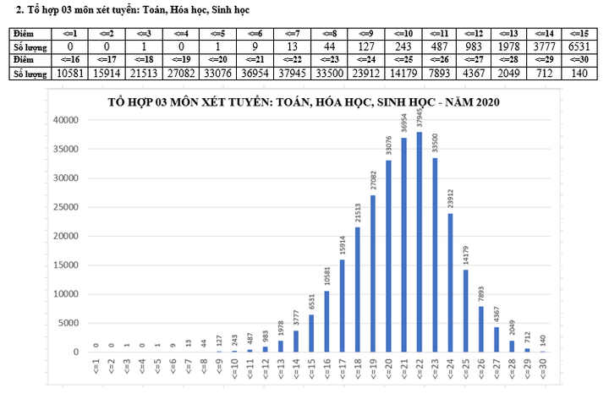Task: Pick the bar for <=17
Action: [x=342, y=305]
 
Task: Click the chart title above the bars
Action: [x=304, y=102]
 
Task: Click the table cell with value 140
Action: [x=578, y=74]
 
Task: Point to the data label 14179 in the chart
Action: [x=465, y=254]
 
